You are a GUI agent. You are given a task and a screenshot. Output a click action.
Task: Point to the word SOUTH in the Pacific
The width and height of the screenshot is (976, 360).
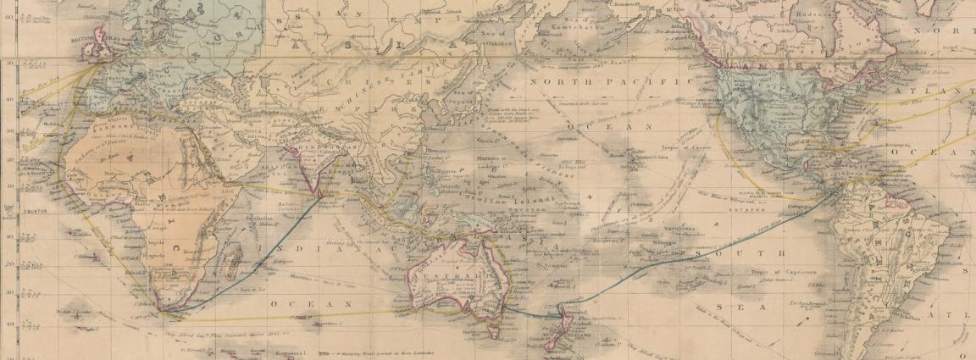pyautogui.click(x=736, y=252)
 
